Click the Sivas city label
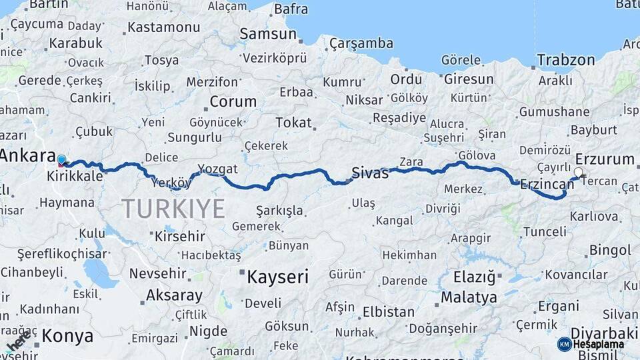[x=370, y=173]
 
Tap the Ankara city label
[x=27, y=156]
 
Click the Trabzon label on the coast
[x=566, y=59]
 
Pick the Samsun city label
[x=267, y=33]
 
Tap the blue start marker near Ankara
[x=61, y=160]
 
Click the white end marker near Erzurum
[x=578, y=172]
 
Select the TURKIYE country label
[x=173, y=209]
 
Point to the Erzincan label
[x=547, y=184]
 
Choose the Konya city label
[x=67, y=336]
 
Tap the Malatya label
[x=469, y=297]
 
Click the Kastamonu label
[x=163, y=27]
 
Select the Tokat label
[x=293, y=123]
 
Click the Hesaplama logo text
[x=599, y=344]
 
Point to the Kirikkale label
[x=75, y=177]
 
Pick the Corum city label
[x=233, y=102]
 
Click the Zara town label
[x=411, y=162]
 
